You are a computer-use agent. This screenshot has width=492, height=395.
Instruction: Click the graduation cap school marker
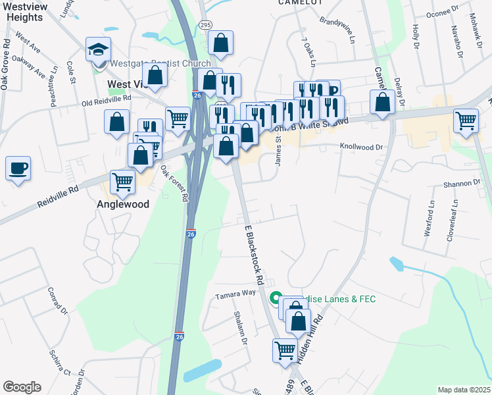tap(98, 50)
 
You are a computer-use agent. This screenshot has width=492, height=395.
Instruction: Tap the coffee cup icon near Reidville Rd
tap(18, 168)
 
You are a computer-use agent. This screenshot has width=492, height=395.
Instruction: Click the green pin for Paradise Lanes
tap(276, 299)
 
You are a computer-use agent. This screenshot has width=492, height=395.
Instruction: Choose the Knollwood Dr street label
tap(360, 147)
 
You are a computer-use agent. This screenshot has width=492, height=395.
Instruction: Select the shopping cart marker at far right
tap(466, 121)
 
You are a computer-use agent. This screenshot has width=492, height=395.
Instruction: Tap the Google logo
tap(22, 387)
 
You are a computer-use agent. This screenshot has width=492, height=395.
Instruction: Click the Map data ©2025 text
tap(463, 390)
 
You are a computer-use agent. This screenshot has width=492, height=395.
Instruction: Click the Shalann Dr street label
tap(239, 327)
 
